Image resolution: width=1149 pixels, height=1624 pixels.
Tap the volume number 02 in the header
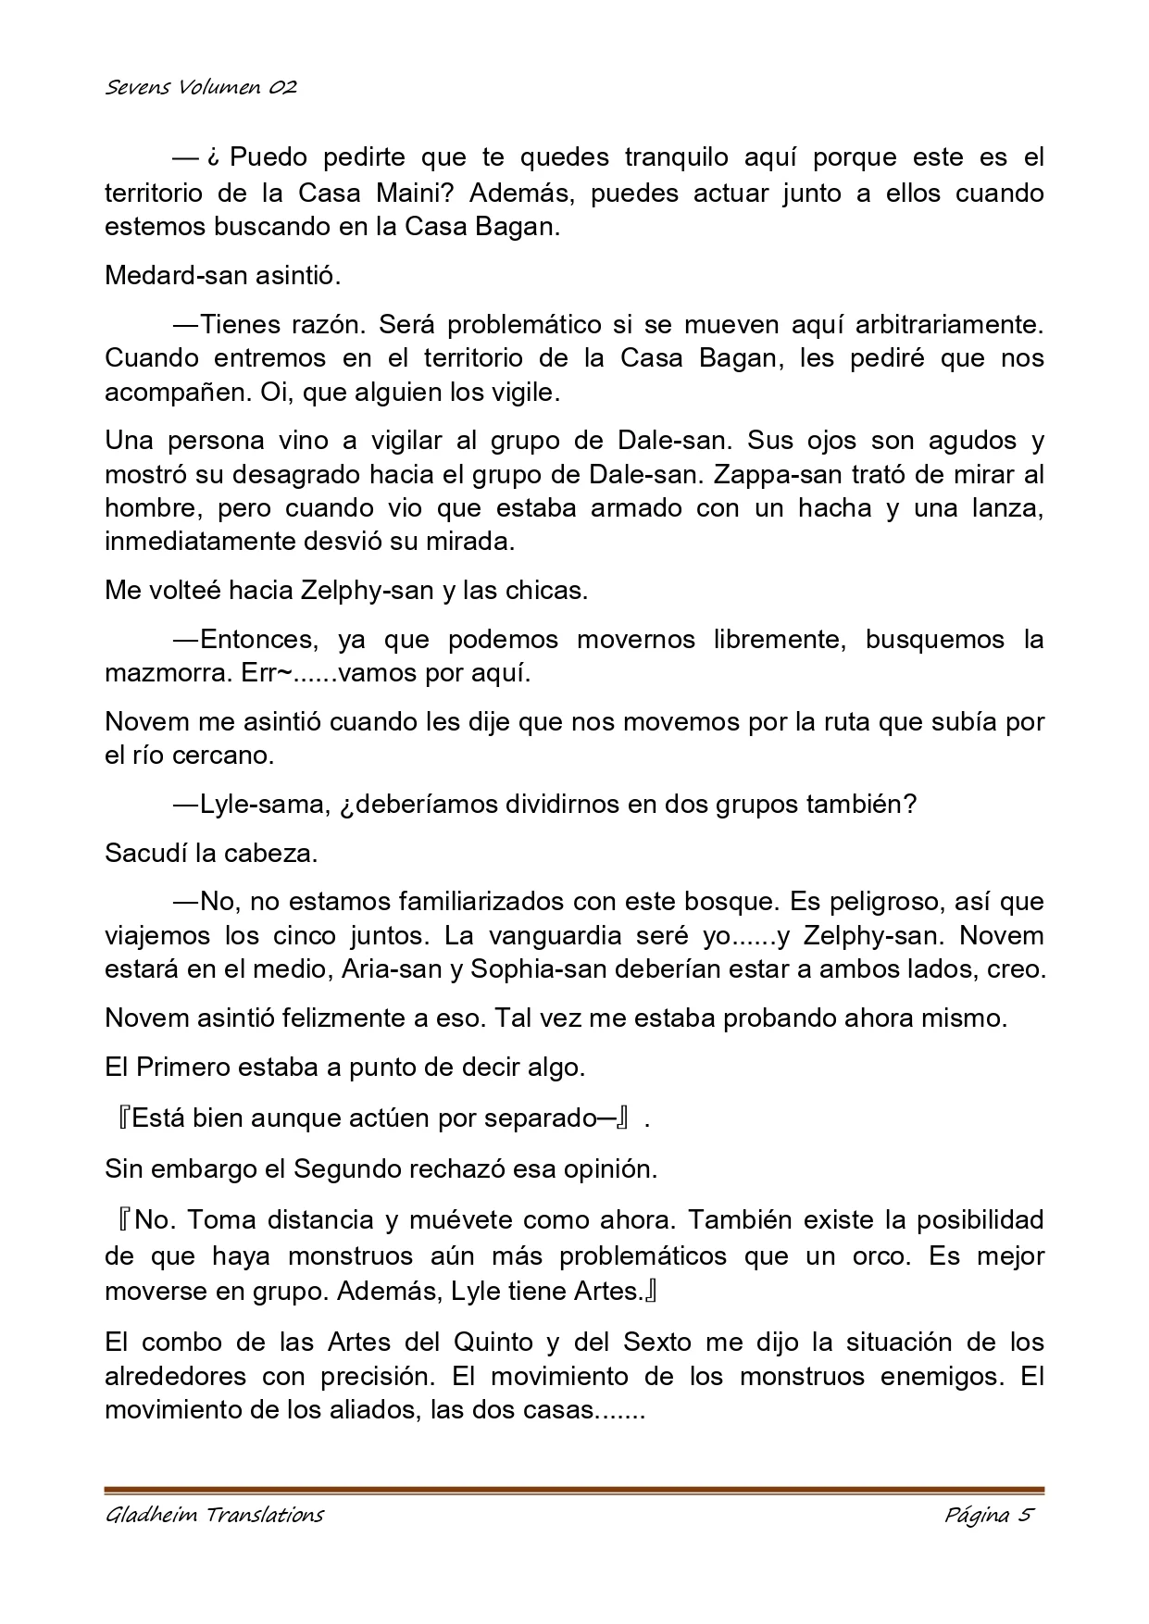click(283, 88)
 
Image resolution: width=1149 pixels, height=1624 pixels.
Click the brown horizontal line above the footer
click(574, 1491)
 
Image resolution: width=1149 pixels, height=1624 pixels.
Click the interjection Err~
click(267, 673)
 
